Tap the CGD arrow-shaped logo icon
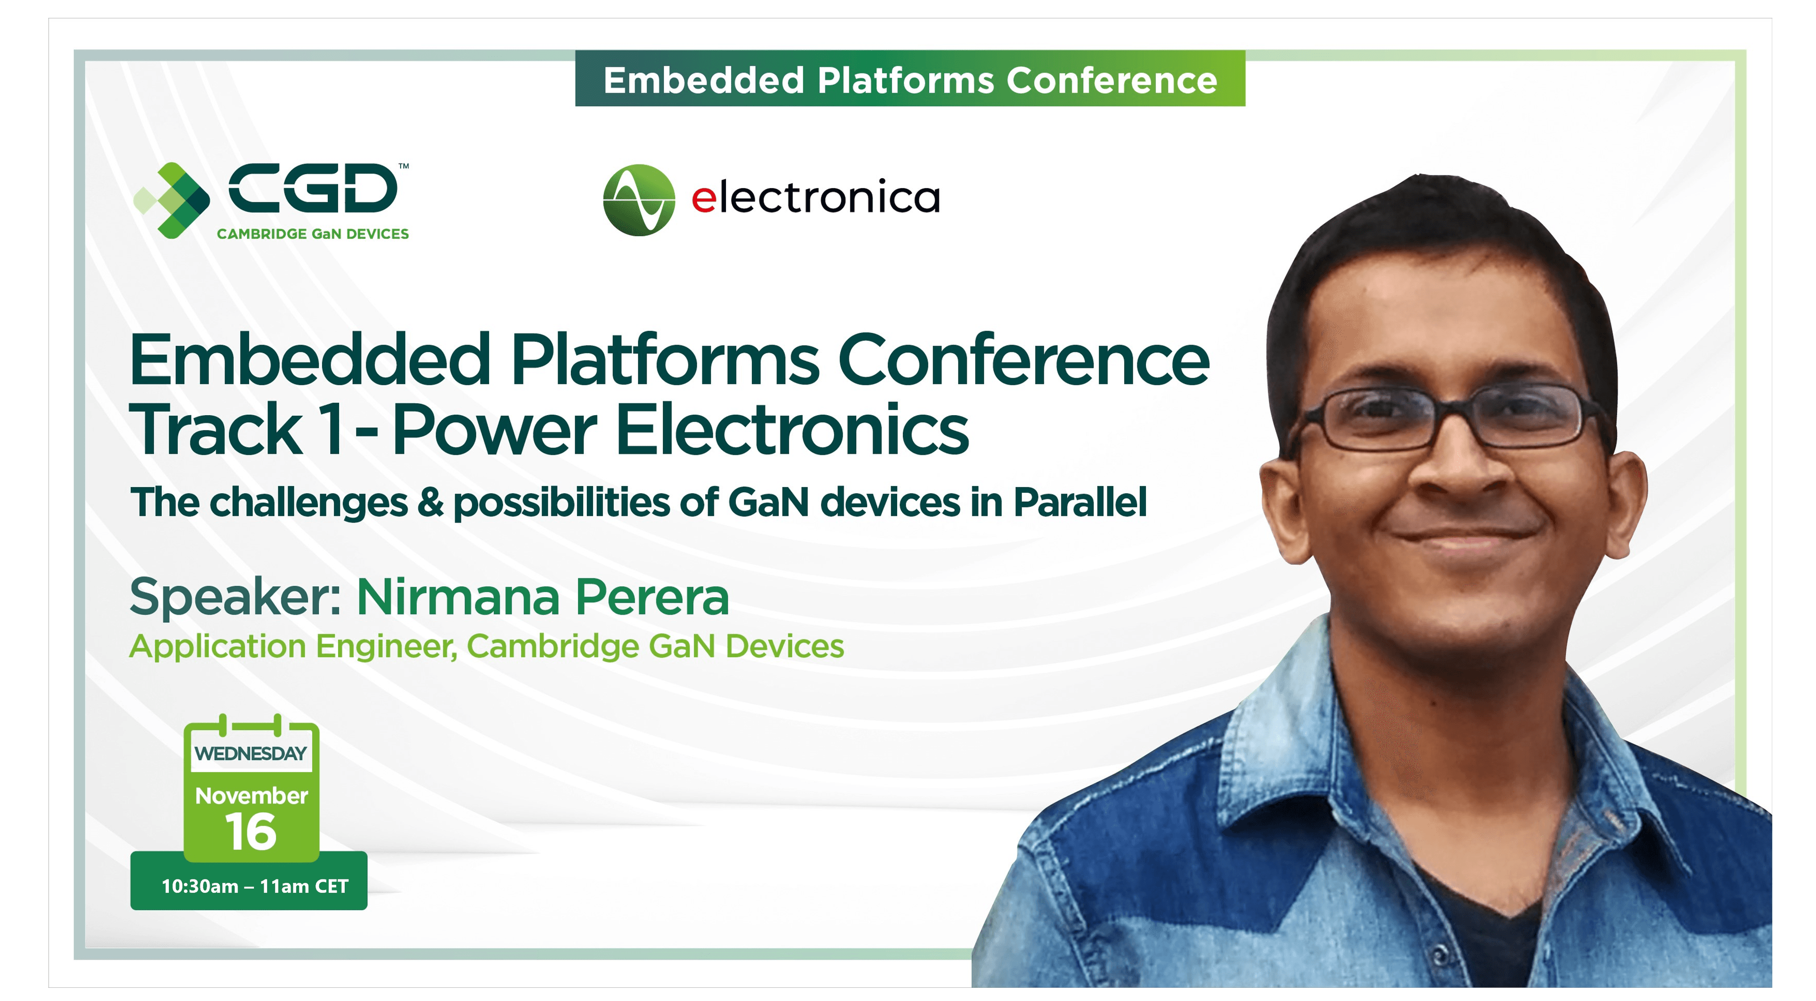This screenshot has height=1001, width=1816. click(x=172, y=200)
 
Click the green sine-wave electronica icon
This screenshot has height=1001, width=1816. click(x=639, y=200)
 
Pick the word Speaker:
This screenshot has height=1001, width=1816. click(x=236, y=598)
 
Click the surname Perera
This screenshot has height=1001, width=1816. click(x=652, y=597)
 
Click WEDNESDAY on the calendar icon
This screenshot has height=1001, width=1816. click(x=251, y=754)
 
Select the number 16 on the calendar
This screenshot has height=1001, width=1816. click(x=251, y=832)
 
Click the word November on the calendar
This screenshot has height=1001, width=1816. click(x=251, y=795)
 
